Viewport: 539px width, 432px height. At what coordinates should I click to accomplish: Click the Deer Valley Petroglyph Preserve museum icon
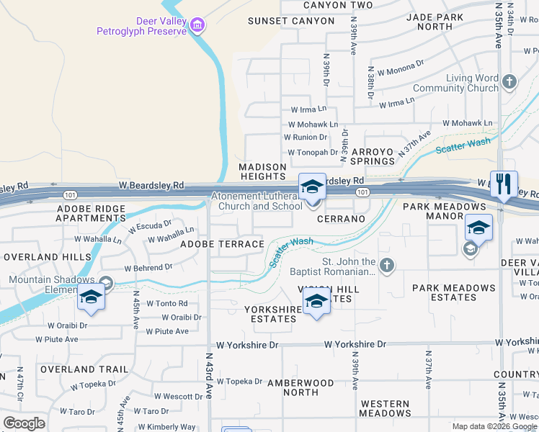click(197, 27)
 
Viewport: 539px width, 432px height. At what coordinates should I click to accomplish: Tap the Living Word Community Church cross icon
click(509, 81)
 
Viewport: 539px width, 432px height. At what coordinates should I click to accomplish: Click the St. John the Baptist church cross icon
click(387, 266)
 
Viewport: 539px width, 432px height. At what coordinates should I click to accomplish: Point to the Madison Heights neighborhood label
click(263, 171)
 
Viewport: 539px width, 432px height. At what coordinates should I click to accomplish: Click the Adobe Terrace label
click(222, 244)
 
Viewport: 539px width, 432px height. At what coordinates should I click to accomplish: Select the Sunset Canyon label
click(291, 21)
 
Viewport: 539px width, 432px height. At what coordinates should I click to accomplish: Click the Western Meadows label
click(386, 408)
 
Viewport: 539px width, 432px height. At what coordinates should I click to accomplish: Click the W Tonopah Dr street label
click(313, 153)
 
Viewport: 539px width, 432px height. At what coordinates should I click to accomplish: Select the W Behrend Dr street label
click(148, 267)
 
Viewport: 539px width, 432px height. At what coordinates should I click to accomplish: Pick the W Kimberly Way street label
click(168, 427)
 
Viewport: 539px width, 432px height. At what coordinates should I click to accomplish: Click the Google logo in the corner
click(24, 423)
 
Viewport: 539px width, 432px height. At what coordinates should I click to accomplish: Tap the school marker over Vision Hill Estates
click(316, 302)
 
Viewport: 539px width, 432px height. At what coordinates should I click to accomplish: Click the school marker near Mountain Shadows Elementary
click(91, 298)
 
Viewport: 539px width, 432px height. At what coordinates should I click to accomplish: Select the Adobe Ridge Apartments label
click(91, 213)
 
